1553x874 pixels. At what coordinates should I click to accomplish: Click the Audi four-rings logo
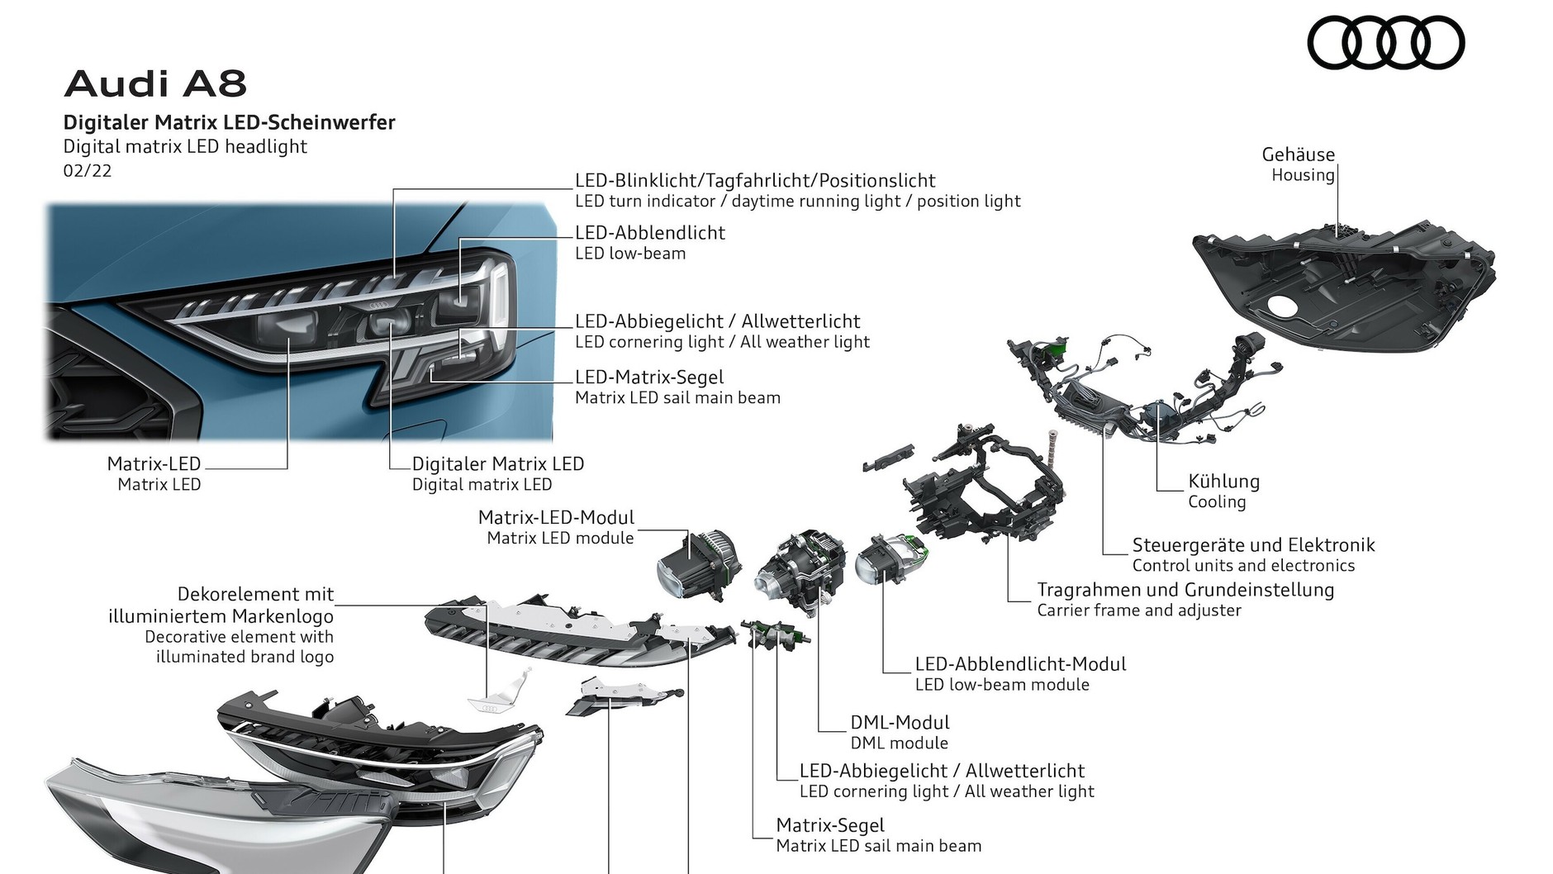click(1385, 43)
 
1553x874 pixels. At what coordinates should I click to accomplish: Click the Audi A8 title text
click(155, 84)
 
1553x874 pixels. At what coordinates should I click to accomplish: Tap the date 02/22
click(87, 171)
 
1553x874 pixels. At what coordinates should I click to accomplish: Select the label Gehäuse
click(1298, 154)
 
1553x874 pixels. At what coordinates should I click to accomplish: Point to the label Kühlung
click(1223, 482)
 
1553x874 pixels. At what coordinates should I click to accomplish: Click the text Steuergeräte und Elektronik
click(1252, 545)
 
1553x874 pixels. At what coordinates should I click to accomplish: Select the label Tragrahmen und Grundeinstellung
click(1185, 590)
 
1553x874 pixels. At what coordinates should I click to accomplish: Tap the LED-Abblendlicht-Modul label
click(1019, 664)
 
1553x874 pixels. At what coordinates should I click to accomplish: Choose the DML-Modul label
click(900, 723)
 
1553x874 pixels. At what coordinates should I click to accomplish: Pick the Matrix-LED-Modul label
click(556, 518)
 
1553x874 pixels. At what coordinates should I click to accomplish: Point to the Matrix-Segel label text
click(829, 825)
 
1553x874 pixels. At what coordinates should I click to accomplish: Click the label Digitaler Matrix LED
click(497, 464)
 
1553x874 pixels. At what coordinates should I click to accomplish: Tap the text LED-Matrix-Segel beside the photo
click(649, 378)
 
